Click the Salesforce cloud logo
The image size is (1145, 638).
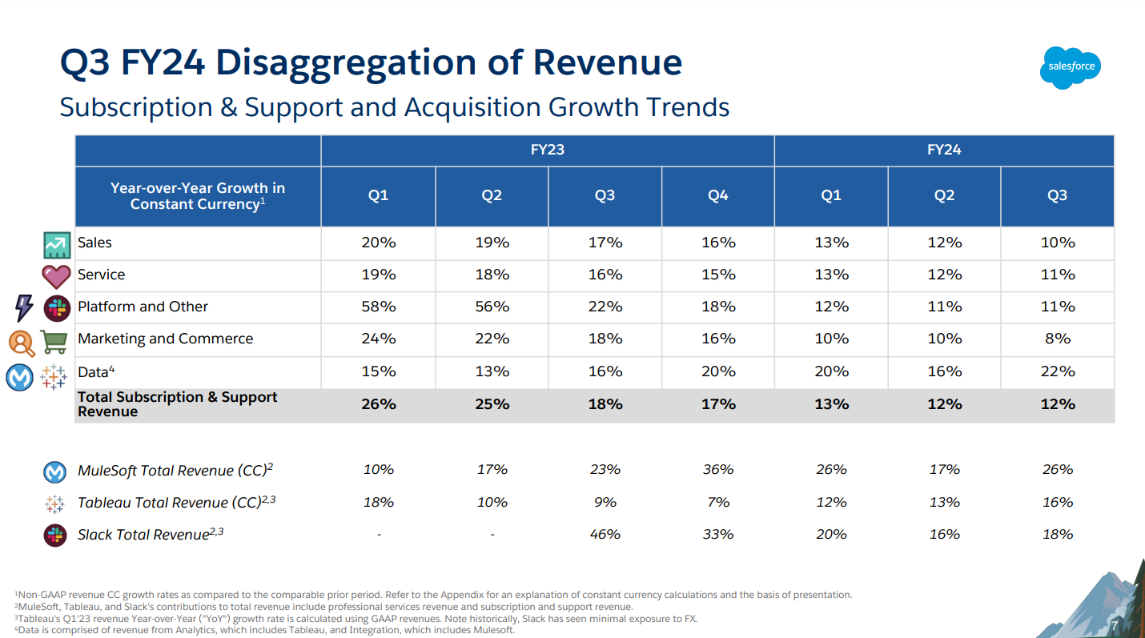tap(1071, 66)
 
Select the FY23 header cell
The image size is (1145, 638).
tap(548, 150)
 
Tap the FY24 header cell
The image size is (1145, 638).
tap(944, 150)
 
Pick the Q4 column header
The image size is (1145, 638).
tap(718, 196)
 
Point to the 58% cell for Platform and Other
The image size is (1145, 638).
tap(378, 307)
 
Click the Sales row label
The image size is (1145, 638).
tap(94, 243)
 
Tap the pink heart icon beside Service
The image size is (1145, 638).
tap(56, 276)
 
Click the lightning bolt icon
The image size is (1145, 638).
tap(24, 307)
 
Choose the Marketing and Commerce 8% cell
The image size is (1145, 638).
tap(1057, 339)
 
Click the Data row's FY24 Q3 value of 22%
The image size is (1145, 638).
tap(1057, 371)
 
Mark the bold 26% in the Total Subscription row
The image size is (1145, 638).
tap(378, 404)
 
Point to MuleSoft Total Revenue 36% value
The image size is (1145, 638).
tap(718, 470)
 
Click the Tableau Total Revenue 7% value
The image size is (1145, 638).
tap(718, 502)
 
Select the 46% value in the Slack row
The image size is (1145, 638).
tap(605, 534)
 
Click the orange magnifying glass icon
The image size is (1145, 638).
tap(22, 343)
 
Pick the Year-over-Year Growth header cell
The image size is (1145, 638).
tap(198, 196)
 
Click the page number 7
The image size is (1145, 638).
tap(1113, 625)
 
